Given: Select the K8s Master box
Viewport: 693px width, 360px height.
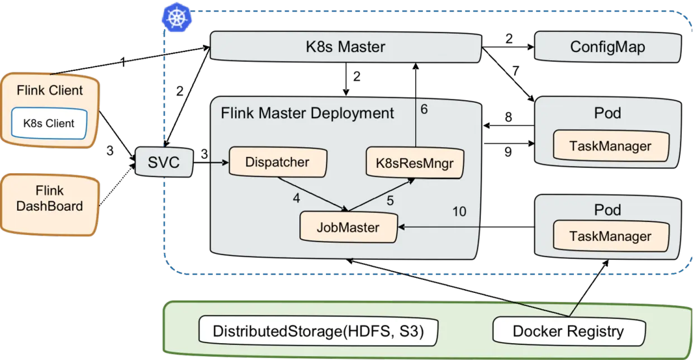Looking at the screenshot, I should coord(345,46).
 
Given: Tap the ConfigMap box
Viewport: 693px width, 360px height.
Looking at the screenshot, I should coord(607,46).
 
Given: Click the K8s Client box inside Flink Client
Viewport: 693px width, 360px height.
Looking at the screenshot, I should coord(49,123).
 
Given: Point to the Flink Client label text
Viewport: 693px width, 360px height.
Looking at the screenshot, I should coord(50,91).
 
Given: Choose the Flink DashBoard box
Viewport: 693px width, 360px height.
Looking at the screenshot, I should coord(50,199).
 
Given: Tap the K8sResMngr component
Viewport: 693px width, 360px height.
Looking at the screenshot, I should coord(415,163).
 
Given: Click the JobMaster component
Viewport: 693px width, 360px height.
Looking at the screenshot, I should coord(348,228).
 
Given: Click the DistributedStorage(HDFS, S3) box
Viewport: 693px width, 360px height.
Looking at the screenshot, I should coord(318,331).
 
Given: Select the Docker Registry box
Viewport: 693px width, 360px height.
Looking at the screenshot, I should coord(568,331).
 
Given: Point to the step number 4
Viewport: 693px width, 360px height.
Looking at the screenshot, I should coord(296,198).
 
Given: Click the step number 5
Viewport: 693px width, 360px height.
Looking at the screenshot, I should coord(390,200).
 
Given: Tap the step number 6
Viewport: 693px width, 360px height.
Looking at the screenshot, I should coord(424,110).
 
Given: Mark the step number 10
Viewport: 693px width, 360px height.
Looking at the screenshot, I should coord(458,212).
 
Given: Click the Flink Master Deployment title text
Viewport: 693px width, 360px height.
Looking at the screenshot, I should coord(307,113).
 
